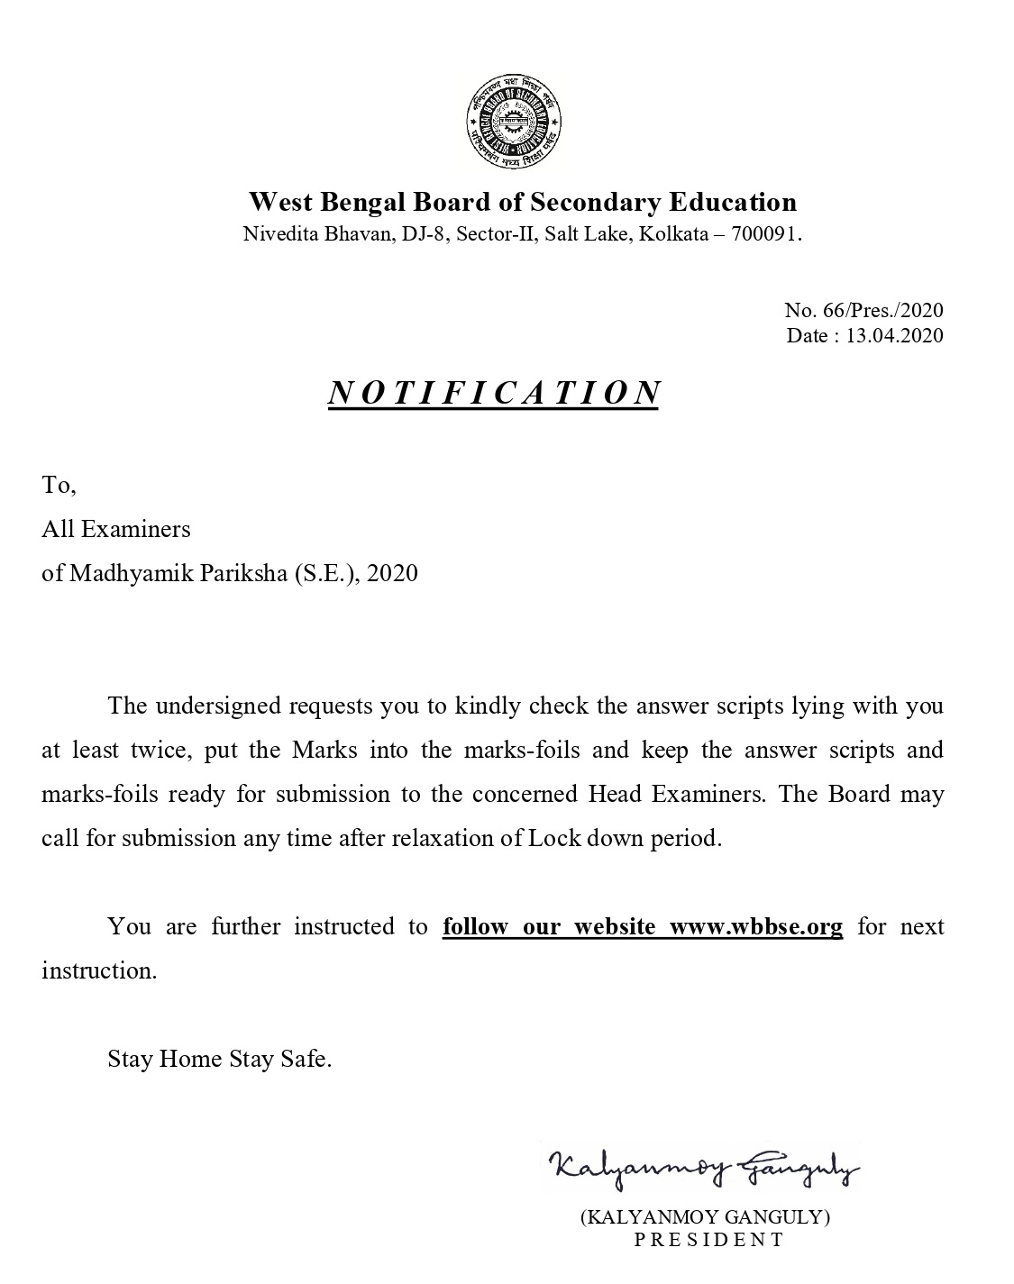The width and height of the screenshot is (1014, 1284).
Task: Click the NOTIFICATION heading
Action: (x=494, y=393)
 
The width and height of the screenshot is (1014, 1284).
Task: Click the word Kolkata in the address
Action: (x=673, y=235)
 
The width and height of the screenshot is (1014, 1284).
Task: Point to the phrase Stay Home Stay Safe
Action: (x=219, y=1059)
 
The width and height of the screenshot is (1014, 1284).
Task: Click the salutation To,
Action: (x=59, y=486)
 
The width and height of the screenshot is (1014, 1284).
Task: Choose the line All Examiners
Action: (x=116, y=529)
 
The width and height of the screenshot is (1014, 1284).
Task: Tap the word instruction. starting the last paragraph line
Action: (x=99, y=970)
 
